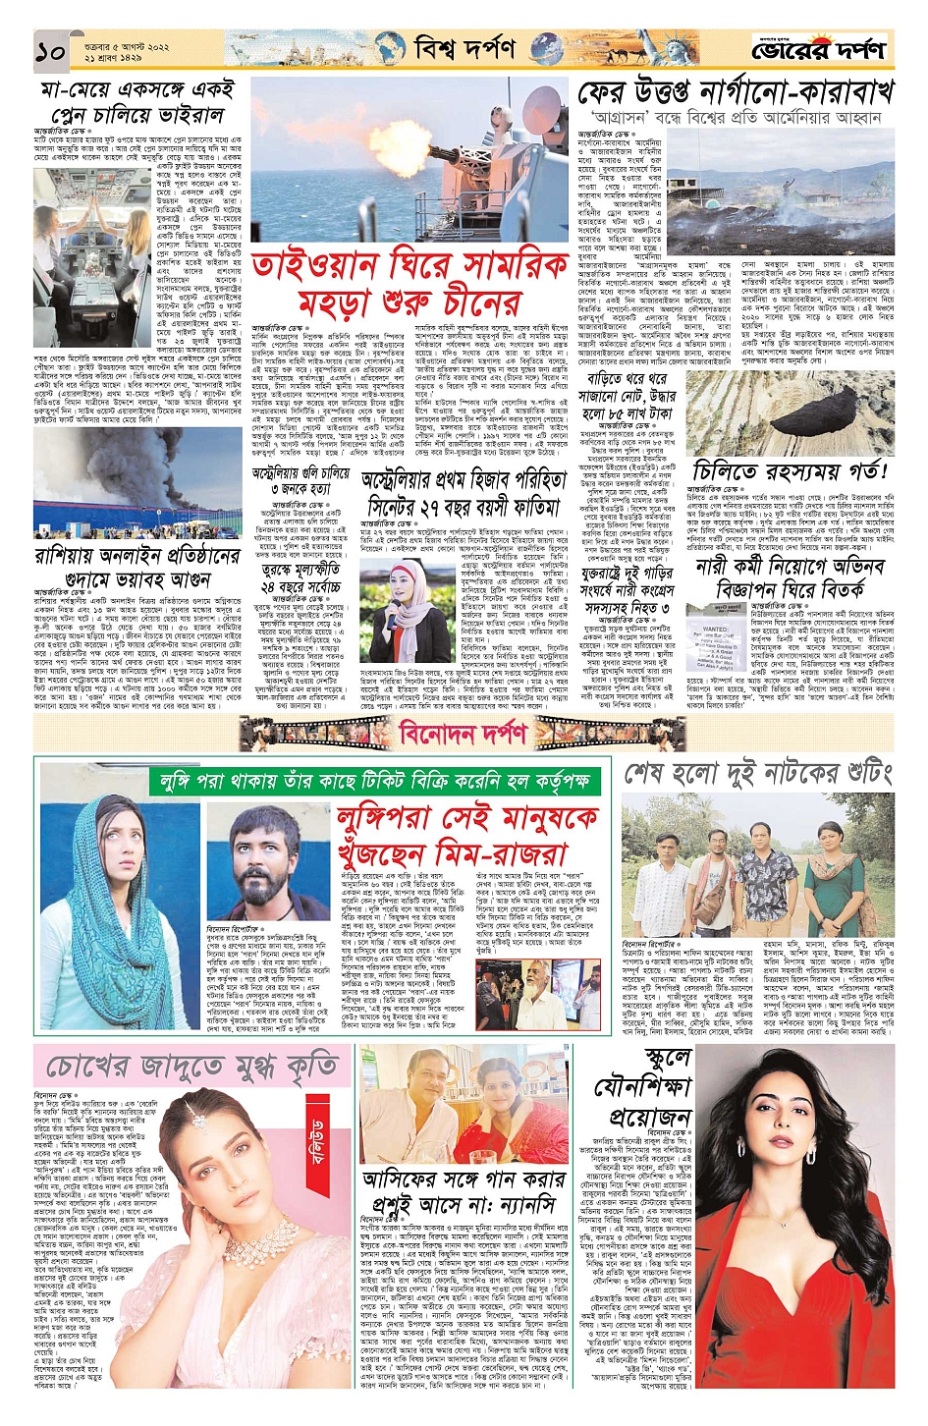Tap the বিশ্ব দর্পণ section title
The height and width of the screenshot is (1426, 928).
(x=464, y=47)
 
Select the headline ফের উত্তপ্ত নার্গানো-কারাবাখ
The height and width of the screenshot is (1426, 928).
(x=736, y=92)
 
